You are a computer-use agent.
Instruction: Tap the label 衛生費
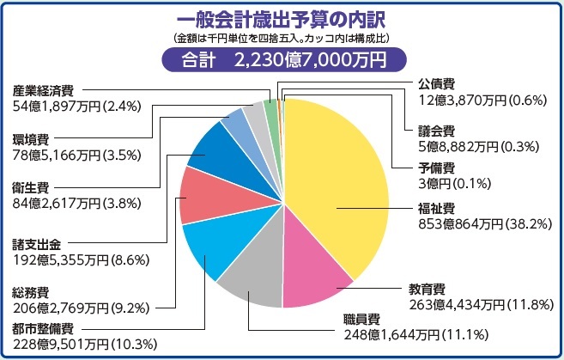pyautogui.click(x=30, y=187)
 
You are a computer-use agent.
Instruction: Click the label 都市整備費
pyautogui.click(x=43, y=329)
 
